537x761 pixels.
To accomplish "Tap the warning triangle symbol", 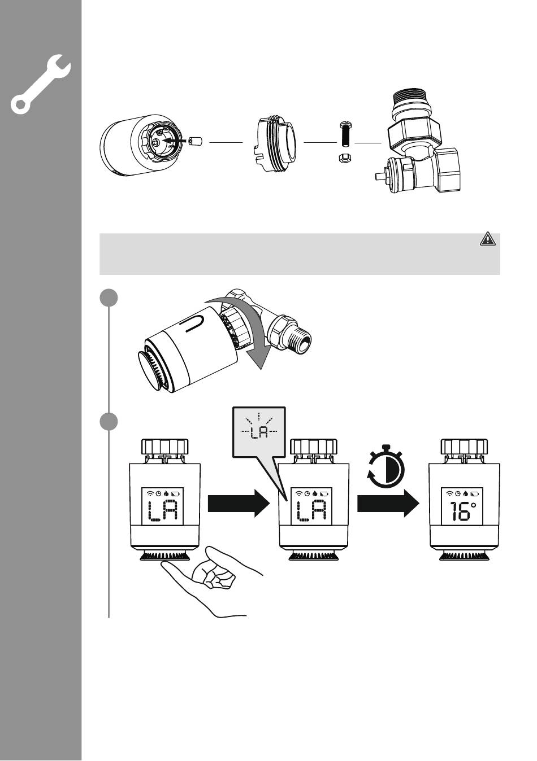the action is (487, 239).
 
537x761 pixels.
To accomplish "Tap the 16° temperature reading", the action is (462, 511).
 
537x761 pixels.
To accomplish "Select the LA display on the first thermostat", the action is (163, 511).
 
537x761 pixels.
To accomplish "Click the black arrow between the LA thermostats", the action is (239, 503).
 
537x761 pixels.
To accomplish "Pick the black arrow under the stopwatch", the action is (388, 503).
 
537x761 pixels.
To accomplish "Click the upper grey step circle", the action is (109, 298).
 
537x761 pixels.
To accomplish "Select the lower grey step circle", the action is (109, 422).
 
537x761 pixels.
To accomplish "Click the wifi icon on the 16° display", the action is (449, 493).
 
